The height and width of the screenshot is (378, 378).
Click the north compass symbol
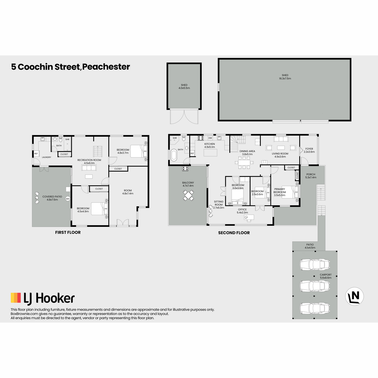354,296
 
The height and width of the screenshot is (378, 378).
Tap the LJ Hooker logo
43,299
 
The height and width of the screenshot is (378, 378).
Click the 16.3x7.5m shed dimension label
285,78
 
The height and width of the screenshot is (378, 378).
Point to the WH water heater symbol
68,199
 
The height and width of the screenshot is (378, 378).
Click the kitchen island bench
210,152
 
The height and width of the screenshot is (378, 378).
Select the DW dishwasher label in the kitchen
210,138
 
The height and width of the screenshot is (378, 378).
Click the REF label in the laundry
36,154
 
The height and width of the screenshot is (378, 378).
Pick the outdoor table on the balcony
188,195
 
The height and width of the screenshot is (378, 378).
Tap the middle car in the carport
315,286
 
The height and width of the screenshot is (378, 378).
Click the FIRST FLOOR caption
68,232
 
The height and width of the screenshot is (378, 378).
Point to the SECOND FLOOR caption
234,233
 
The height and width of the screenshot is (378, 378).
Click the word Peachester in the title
106,67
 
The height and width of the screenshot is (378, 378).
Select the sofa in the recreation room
89,168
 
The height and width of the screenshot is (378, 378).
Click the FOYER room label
309,149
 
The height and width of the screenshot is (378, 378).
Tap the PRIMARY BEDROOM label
279,191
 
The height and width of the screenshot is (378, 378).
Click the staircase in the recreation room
98,151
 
